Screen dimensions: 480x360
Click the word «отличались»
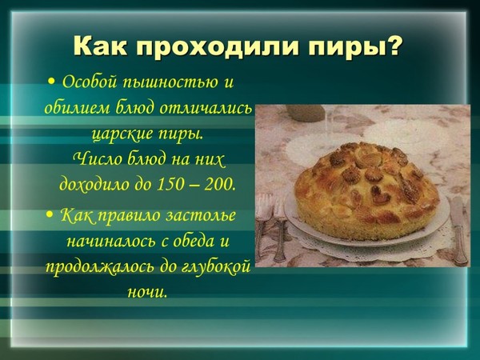(206, 109)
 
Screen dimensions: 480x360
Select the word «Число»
(97, 159)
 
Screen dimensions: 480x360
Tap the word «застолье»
(201, 215)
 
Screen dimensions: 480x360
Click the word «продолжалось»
(100, 268)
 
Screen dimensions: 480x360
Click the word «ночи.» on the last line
(147, 292)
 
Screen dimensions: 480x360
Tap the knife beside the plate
(458, 230)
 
